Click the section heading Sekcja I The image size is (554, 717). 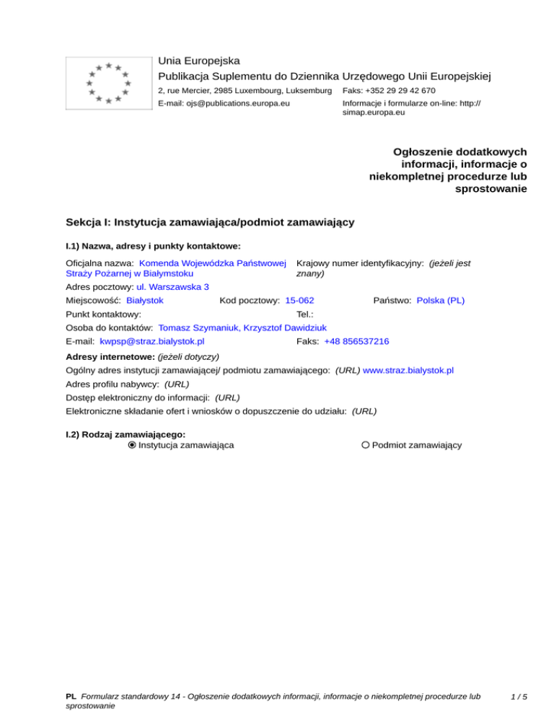(x=209, y=222)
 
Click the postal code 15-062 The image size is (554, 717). (x=299, y=300)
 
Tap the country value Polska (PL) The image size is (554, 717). (x=441, y=300)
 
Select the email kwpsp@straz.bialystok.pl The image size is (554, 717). (x=152, y=341)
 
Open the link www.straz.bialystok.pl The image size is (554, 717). (x=408, y=370)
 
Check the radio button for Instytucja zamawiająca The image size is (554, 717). (x=132, y=445)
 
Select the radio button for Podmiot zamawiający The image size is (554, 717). (x=366, y=445)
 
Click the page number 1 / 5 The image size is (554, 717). (x=516, y=698)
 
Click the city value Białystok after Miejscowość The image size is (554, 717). (x=144, y=300)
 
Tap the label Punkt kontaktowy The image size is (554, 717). (x=103, y=314)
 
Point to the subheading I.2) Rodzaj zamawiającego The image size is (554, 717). (x=126, y=434)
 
